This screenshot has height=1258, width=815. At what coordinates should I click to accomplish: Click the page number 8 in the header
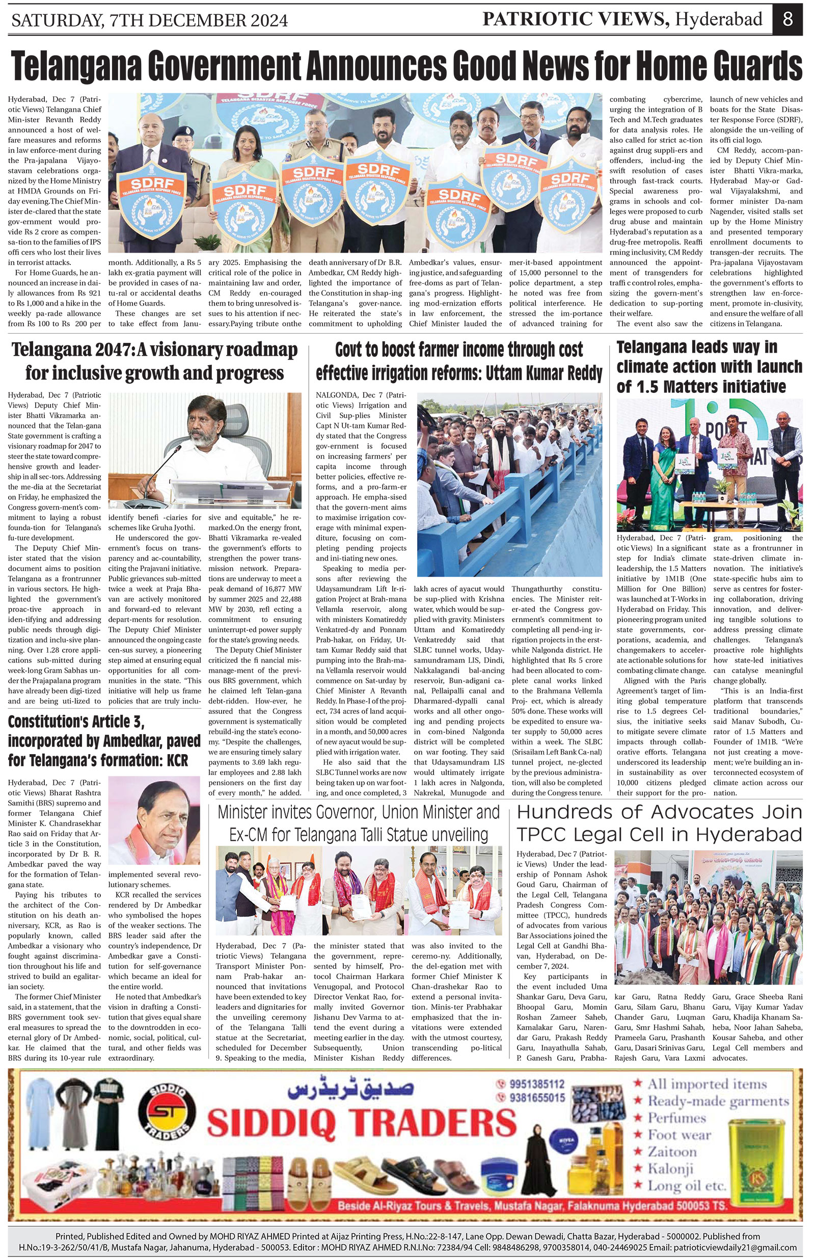pos(787,19)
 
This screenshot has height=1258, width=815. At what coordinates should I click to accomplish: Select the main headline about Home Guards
pos(407,66)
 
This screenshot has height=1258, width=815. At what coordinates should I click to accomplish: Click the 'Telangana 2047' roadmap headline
pos(154,361)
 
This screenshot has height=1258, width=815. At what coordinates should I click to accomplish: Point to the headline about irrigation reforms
pos(459,361)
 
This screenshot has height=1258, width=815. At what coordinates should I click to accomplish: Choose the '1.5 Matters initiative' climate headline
pos(709,367)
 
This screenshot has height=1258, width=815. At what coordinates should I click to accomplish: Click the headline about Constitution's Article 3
pos(104,740)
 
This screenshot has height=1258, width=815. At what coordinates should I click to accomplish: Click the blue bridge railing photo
pos(509,484)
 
